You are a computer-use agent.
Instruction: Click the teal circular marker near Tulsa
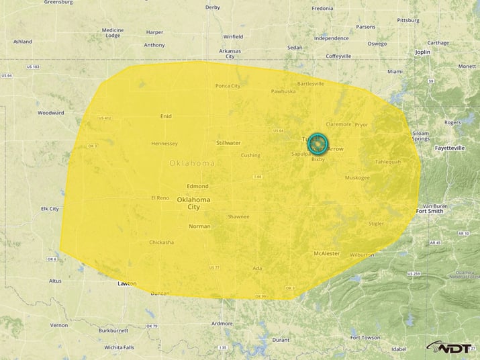point(318,143)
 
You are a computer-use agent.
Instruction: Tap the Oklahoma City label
point(193,203)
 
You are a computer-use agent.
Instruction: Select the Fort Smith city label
point(429,212)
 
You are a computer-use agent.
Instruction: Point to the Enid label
point(166,116)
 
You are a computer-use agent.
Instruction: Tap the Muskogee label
point(357,178)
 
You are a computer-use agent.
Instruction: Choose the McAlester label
point(327,253)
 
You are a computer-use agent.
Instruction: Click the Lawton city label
point(127,283)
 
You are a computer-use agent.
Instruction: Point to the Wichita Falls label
point(119,347)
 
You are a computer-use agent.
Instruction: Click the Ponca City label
point(228,86)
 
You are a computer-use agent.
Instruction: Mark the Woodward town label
point(51,113)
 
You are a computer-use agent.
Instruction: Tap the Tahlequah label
point(387,162)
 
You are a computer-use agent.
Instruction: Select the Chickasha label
point(161,242)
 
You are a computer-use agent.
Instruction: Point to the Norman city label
point(199,226)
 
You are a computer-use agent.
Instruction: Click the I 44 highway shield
point(257,177)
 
